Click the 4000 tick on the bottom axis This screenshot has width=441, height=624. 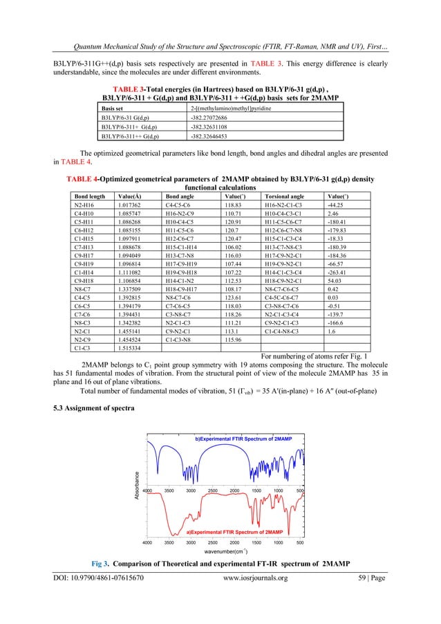pyautogui.click(x=147, y=542)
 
